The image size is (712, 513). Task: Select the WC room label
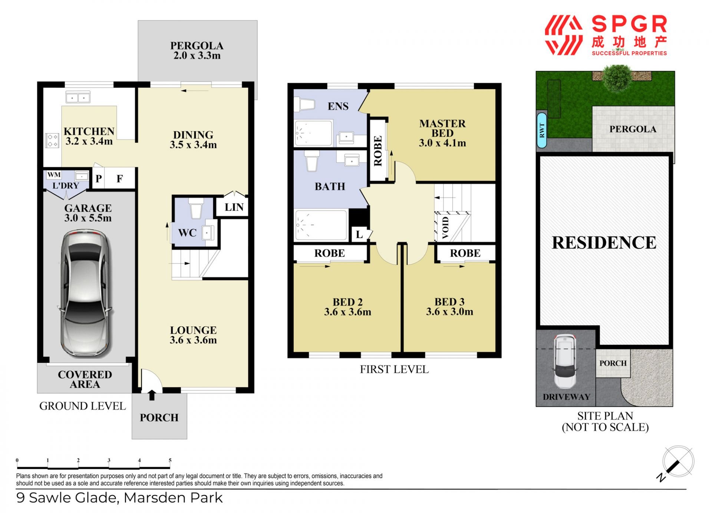[x=187, y=233]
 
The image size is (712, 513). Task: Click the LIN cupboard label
[x=234, y=207]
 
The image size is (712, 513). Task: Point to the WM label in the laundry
[x=54, y=174]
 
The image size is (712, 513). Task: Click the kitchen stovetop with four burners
[x=52, y=140]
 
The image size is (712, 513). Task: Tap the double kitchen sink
[x=78, y=98]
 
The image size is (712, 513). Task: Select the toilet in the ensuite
[x=304, y=104]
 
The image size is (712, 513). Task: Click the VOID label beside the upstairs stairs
[x=445, y=228]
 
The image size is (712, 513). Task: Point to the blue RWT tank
[x=542, y=130]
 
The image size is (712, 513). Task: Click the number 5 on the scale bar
[x=170, y=460]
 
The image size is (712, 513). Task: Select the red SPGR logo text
[x=629, y=24]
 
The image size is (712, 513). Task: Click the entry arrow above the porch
[x=152, y=395]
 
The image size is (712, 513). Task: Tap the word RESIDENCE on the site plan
[x=604, y=243]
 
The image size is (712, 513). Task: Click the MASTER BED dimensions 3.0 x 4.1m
[x=442, y=143]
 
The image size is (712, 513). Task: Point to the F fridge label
[x=119, y=179]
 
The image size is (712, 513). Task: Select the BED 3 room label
[x=449, y=302]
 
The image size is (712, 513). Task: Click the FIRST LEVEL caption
[x=394, y=369]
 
